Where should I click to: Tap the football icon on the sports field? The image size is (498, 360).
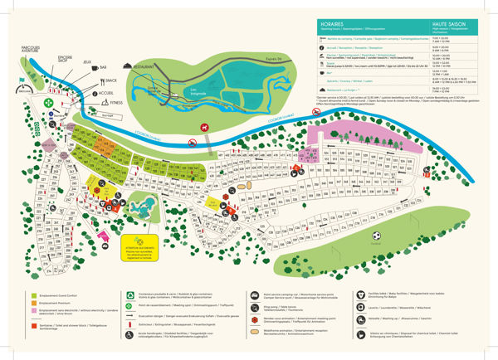click(x=375, y=236)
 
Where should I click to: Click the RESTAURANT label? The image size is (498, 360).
click(x=142, y=66)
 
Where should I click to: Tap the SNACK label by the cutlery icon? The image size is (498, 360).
click(x=108, y=80)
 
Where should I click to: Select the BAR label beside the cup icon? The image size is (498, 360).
click(x=103, y=67)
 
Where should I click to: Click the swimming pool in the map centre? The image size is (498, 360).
click(x=145, y=205)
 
